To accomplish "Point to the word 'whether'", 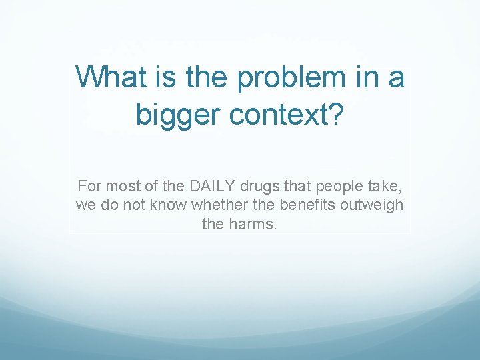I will tap(193, 205).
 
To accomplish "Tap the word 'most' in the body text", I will tap(121, 185).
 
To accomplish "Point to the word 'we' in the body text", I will tap(85, 205).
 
